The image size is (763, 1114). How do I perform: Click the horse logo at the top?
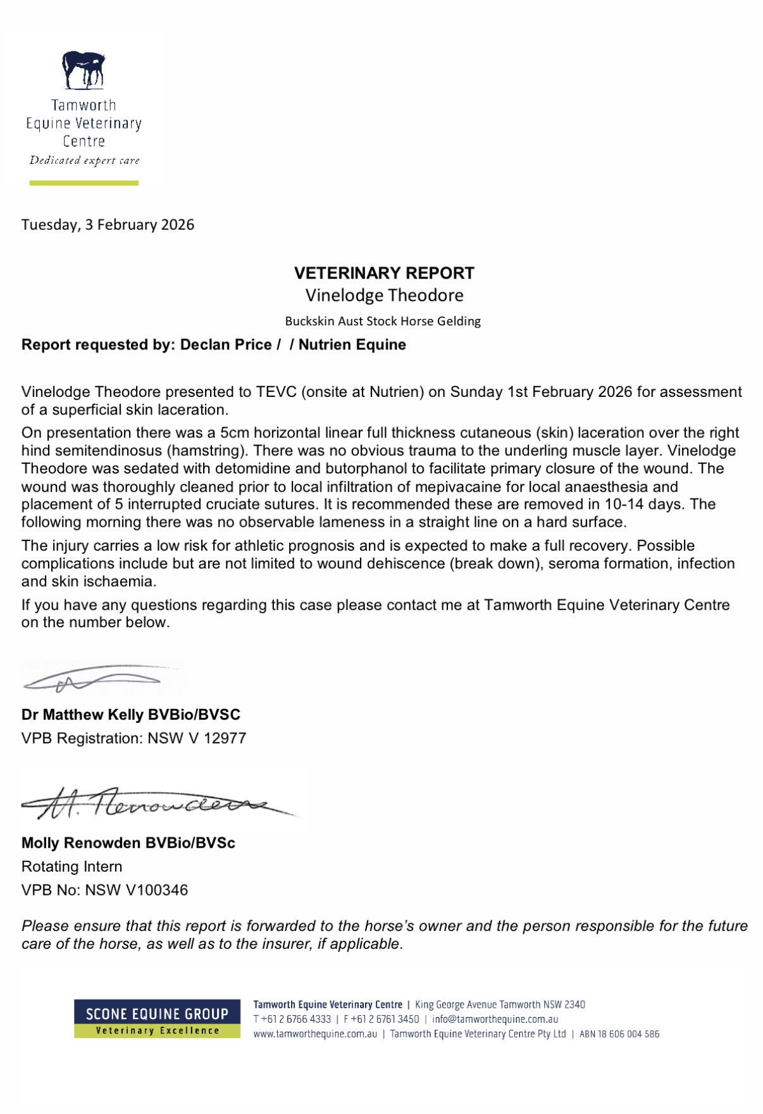(x=84, y=70)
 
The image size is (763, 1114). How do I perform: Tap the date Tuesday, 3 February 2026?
(x=108, y=225)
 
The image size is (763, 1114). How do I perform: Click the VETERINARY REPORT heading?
(x=384, y=273)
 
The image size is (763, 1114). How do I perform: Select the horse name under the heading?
(x=384, y=295)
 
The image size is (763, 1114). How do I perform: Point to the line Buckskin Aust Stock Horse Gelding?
(x=383, y=321)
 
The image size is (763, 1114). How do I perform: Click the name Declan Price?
(x=226, y=345)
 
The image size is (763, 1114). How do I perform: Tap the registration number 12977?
(x=225, y=739)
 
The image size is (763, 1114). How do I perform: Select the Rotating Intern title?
(x=72, y=867)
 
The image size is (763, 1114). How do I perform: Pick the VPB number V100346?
(x=157, y=891)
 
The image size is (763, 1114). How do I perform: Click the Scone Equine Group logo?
(x=157, y=1018)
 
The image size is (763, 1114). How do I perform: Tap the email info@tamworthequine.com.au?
(x=495, y=1020)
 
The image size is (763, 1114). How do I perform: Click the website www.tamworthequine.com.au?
(x=315, y=1034)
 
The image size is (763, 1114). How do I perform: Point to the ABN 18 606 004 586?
(x=619, y=1034)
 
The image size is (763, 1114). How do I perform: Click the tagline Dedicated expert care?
(x=84, y=161)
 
